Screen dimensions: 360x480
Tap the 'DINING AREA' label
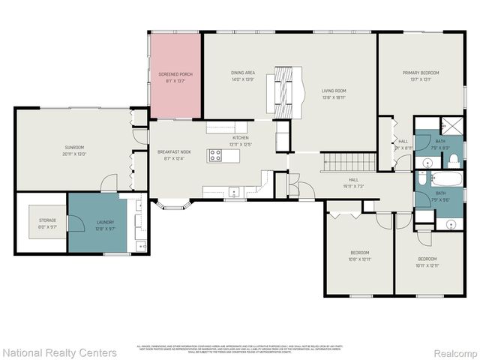243,73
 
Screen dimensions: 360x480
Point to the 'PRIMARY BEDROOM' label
420,73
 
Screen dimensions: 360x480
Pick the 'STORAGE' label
47,220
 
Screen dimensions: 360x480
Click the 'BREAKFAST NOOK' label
173,152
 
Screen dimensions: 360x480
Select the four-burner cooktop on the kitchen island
215,156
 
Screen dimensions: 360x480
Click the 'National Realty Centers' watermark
60,352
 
